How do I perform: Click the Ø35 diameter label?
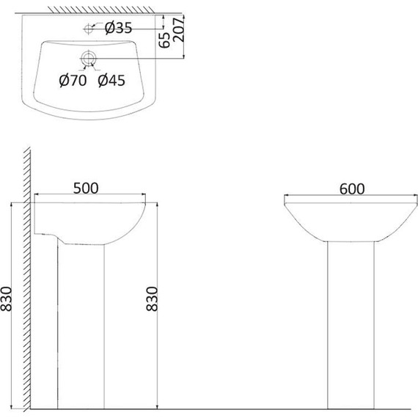(x=118, y=28)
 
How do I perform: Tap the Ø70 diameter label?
(x=73, y=80)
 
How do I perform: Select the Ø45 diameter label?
(x=111, y=80)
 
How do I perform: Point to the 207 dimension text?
(x=179, y=29)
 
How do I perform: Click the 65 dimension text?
(x=164, y=40)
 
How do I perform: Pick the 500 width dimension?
(x=86, y=188)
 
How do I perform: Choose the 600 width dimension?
(x=352, y=189)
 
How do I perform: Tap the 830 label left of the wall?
(x=6, y=299)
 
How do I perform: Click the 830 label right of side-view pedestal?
(x=152, y=298)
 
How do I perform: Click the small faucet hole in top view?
(x=88, y=29)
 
